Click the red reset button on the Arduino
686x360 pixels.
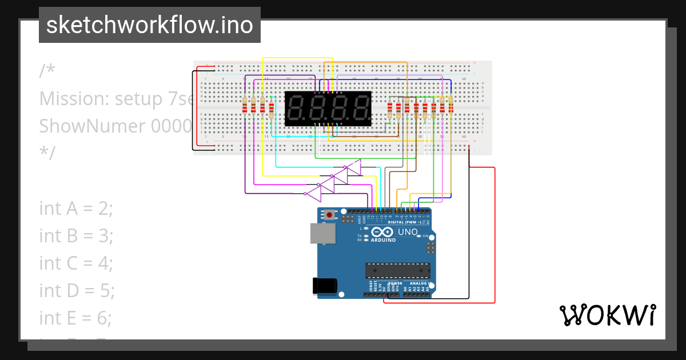[329, 215]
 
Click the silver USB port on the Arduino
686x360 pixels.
[322, 234]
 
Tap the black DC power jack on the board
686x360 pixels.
[325, 286]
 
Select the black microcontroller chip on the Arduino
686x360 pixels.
[398, 270]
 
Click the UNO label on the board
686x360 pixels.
[408, 231]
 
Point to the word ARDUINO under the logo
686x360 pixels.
[383, 240]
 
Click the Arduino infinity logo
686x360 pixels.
[382, 231]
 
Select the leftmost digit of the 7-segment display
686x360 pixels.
[296, 108]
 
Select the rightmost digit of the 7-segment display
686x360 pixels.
[360, 108]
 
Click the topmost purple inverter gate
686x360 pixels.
[354, 167]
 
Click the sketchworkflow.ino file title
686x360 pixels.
[150, 25]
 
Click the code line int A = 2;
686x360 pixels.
[76, 209]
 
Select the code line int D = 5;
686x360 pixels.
[77, 290]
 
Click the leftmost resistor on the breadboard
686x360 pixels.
[245, 106]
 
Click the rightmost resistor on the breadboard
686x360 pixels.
[450, 106]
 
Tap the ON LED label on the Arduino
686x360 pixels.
[425, 236]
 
